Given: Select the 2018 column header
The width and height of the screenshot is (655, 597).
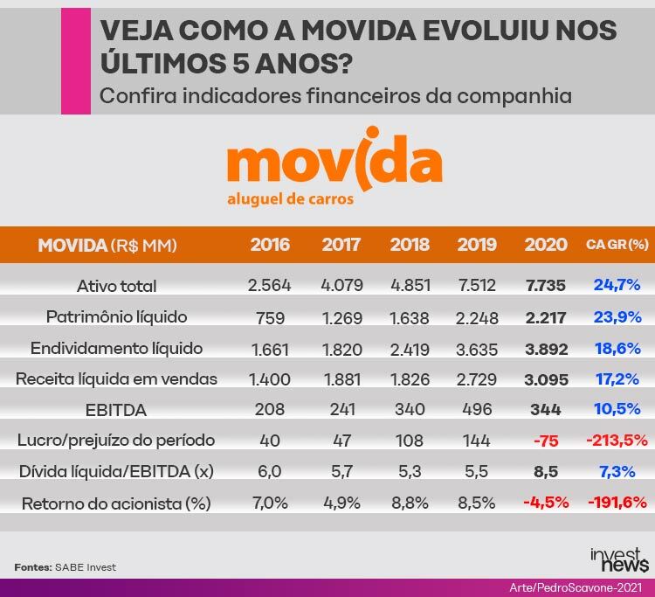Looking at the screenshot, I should point(410,245).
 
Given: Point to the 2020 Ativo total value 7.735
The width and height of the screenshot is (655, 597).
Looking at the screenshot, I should point(546,285).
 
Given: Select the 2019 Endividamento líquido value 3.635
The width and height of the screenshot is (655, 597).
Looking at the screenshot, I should point(476,348).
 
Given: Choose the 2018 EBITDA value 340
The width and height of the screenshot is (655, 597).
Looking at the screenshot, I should point(410,409).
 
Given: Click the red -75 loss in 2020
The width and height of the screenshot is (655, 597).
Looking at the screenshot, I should point(546,441).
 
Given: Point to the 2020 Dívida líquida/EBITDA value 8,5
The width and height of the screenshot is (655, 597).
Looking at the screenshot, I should point(546,472).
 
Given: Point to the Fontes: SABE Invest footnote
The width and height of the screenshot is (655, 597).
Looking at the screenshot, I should point(65,567).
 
